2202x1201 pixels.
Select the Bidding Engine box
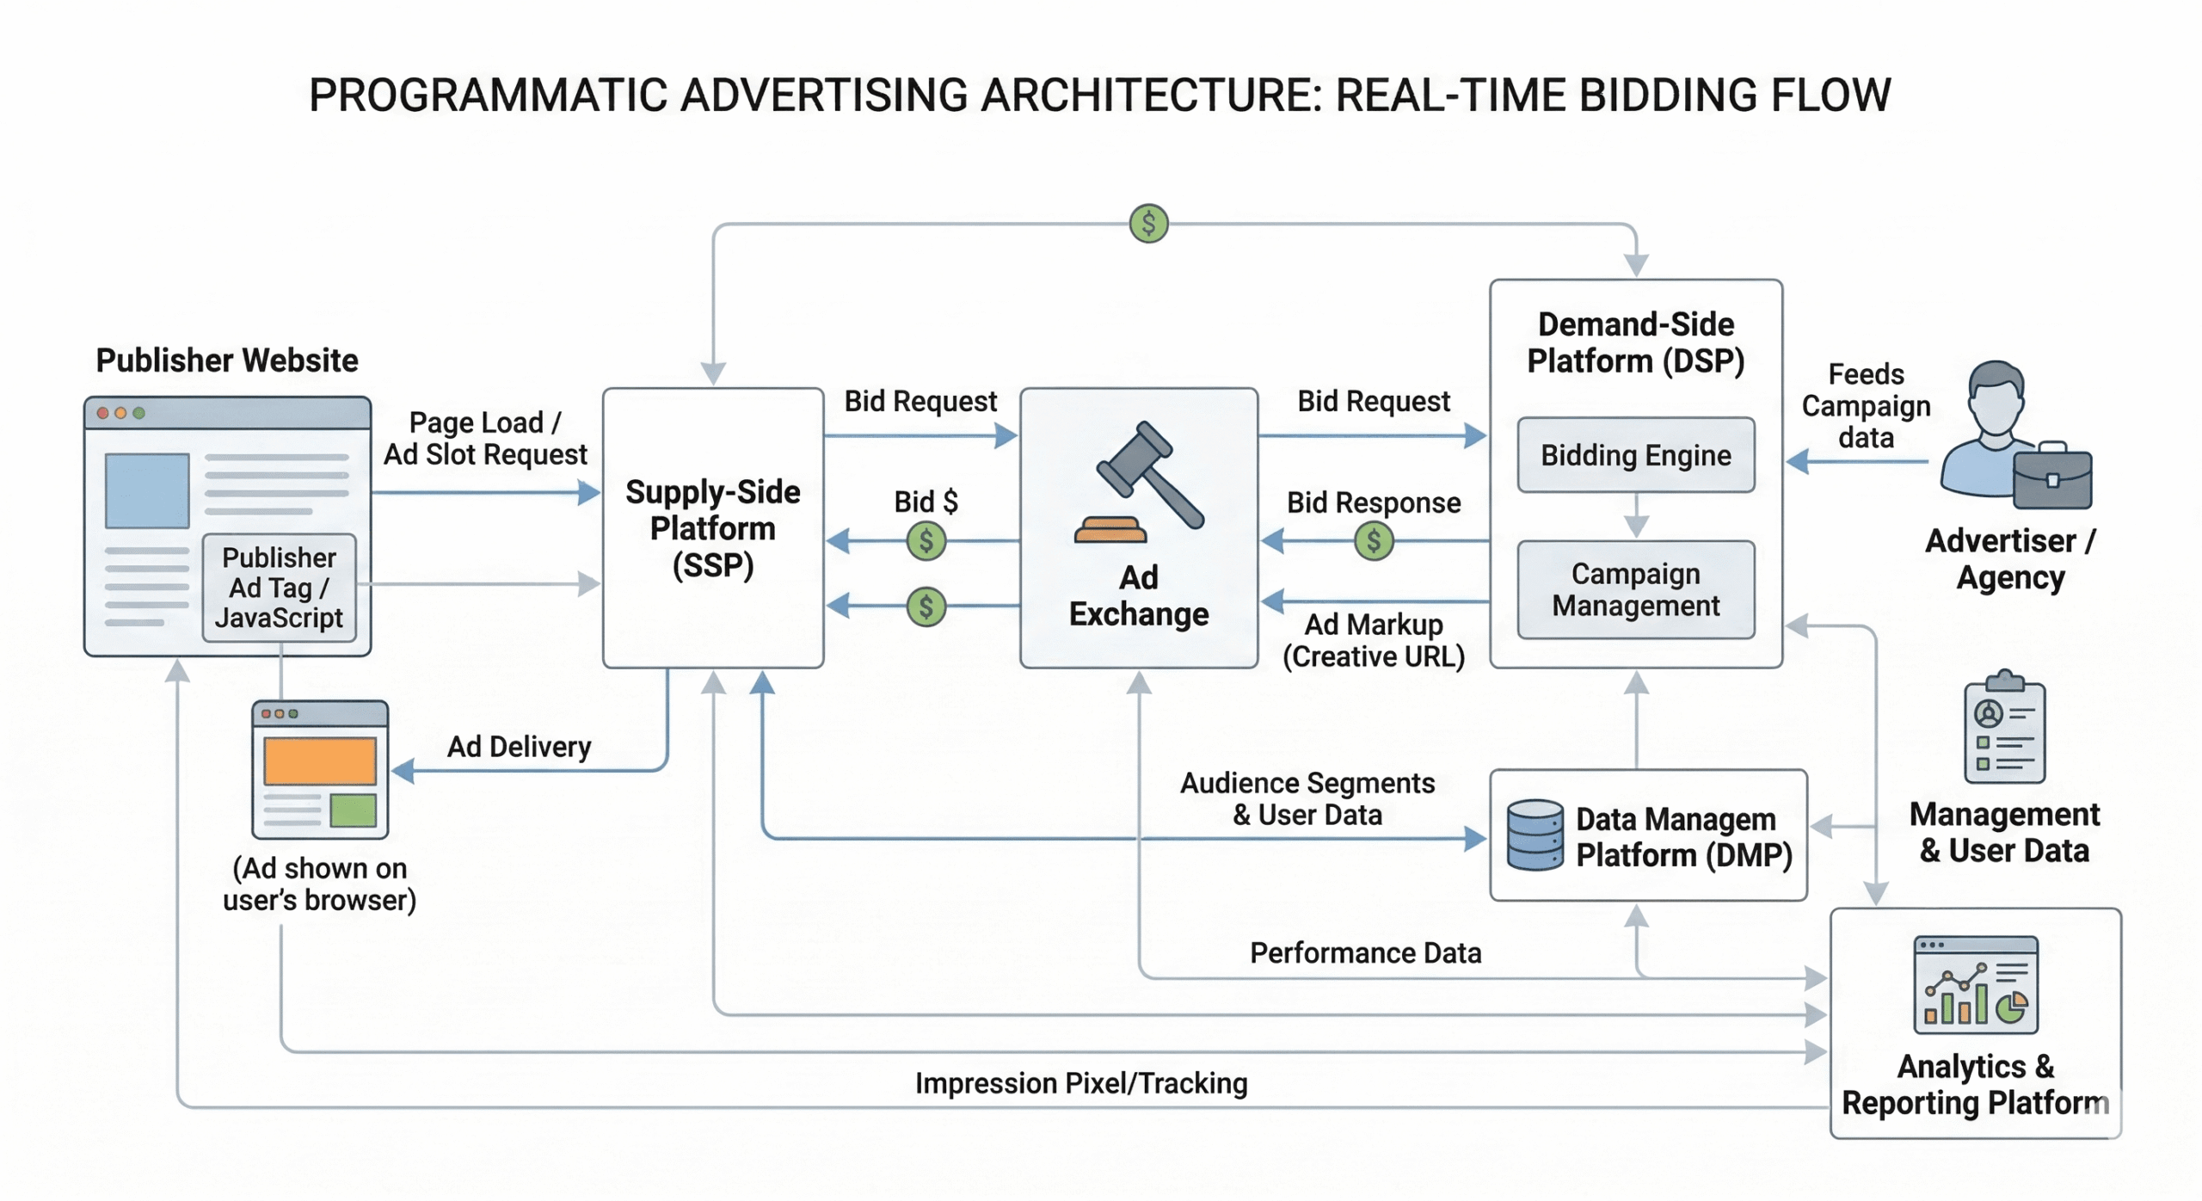tap(1635, 454)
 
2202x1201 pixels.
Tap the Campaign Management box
tap(1635, 589)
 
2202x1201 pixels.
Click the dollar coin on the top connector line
tap(1148, 224)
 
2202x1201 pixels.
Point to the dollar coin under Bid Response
tap(1373, 541)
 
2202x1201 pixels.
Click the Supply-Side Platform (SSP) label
tap(712, 527)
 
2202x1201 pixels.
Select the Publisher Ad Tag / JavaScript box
tap(279, 588)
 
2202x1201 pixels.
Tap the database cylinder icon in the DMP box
tap(1535, 835)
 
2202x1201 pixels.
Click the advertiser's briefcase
tap(2052, 477)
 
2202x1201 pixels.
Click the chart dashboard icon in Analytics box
tap(1975, 985)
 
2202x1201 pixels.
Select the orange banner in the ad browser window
tap(319, 761)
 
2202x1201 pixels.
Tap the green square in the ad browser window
tap(353, 810)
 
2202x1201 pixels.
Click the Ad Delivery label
tap(519, 746)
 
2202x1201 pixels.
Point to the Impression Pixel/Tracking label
tap(1080, 1082)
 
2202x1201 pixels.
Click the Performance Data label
tap(1365, 952)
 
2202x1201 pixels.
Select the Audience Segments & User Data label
tap(1307, 798)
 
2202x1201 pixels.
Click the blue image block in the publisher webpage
tap(147, 490)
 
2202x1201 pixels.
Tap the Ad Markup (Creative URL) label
tap(1373, 640)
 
